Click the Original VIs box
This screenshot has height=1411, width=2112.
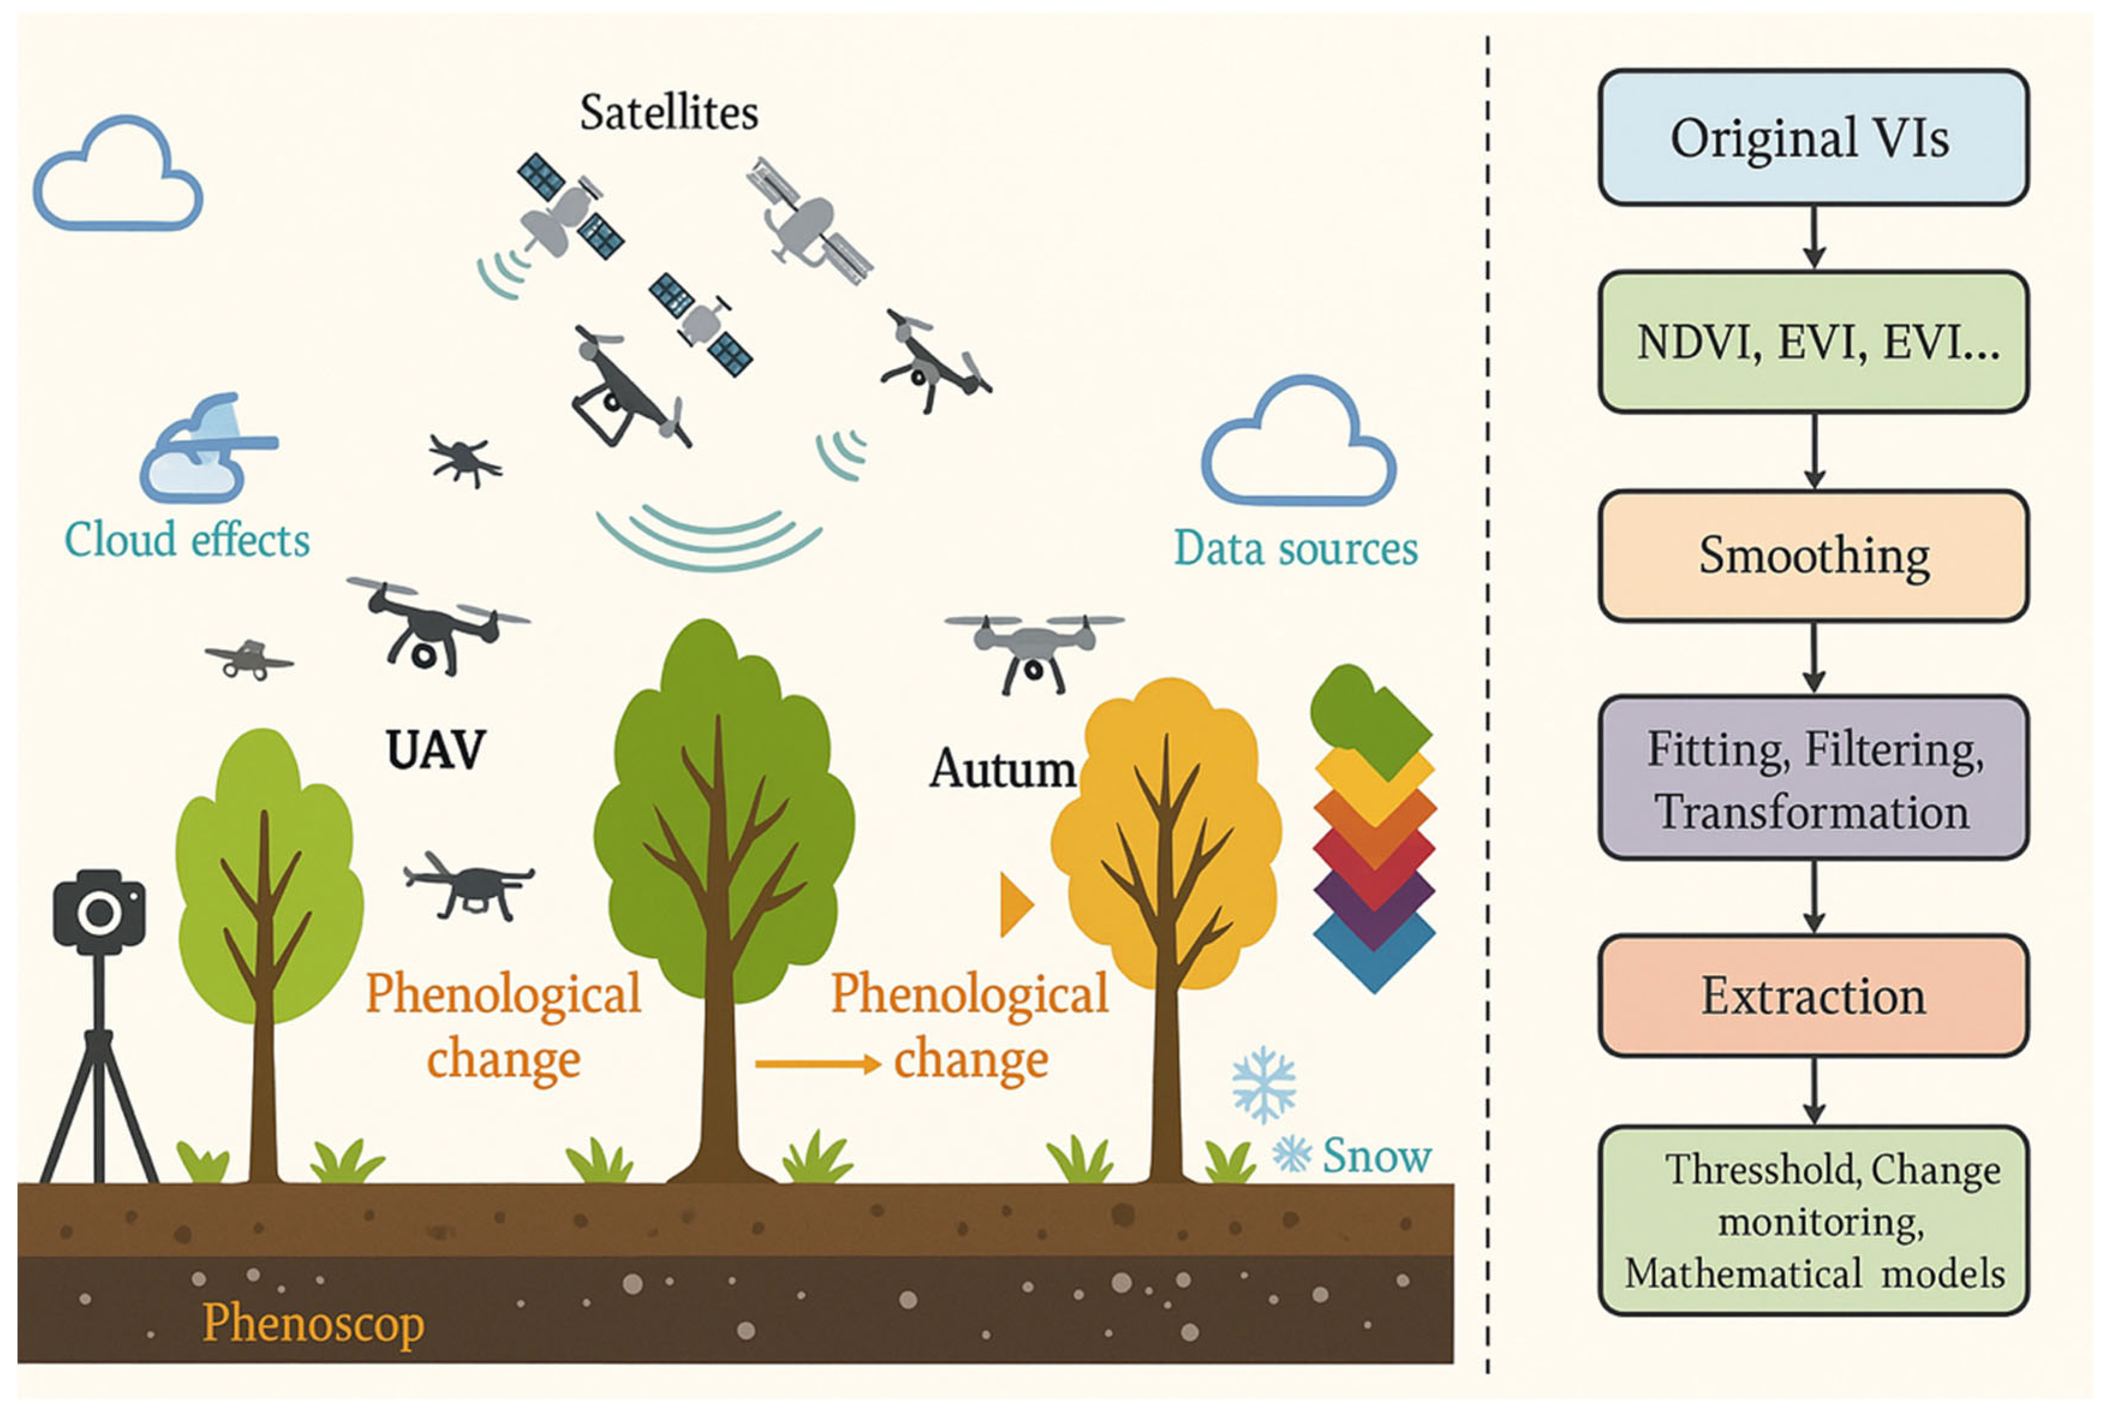click(1812, 137)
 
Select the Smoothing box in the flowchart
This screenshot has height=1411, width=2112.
click(1812, 555)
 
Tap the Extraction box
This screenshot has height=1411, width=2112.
click(1812, 996)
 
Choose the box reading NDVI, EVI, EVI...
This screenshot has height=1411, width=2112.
click(1812, 343)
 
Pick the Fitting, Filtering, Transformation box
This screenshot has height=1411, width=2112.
click(1812, 778)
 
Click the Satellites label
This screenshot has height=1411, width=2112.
click(668, 113)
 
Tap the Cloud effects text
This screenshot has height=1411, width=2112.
click(187, 541)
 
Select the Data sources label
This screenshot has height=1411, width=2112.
click(1296, 548)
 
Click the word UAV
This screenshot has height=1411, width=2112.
click(435, 749)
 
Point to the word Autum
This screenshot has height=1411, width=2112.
click(1002, 769)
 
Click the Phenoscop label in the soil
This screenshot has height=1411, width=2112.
click(313, 1323)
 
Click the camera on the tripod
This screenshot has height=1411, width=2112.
click(99, 911)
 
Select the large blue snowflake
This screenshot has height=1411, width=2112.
click(1263, 1084)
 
